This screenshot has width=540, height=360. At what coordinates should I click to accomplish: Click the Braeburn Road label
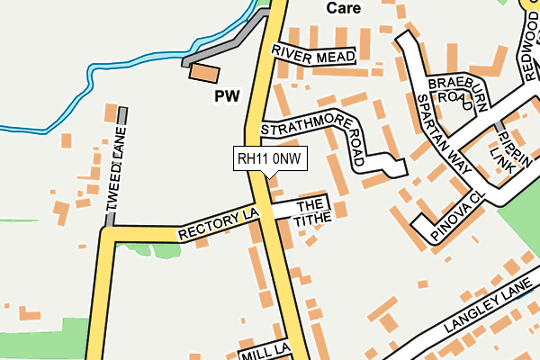pos(449,89)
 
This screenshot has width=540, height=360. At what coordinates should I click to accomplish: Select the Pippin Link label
pos(504,149)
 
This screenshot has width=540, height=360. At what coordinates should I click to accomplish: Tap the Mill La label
pos(264,350)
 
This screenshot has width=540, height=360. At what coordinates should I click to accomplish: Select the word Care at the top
pos(343,8)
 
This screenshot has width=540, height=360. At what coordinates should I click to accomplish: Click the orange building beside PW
pos(204,73)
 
